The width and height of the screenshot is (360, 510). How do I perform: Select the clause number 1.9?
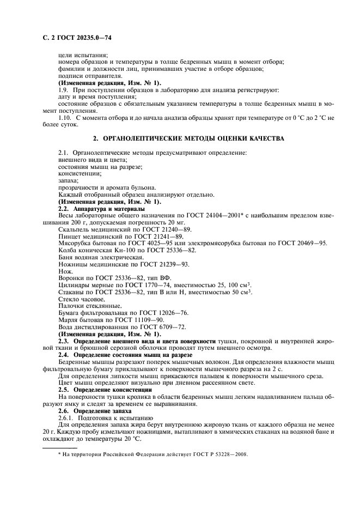(x=63, y=89)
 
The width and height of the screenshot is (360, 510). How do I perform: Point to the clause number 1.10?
(x=64, y=117)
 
